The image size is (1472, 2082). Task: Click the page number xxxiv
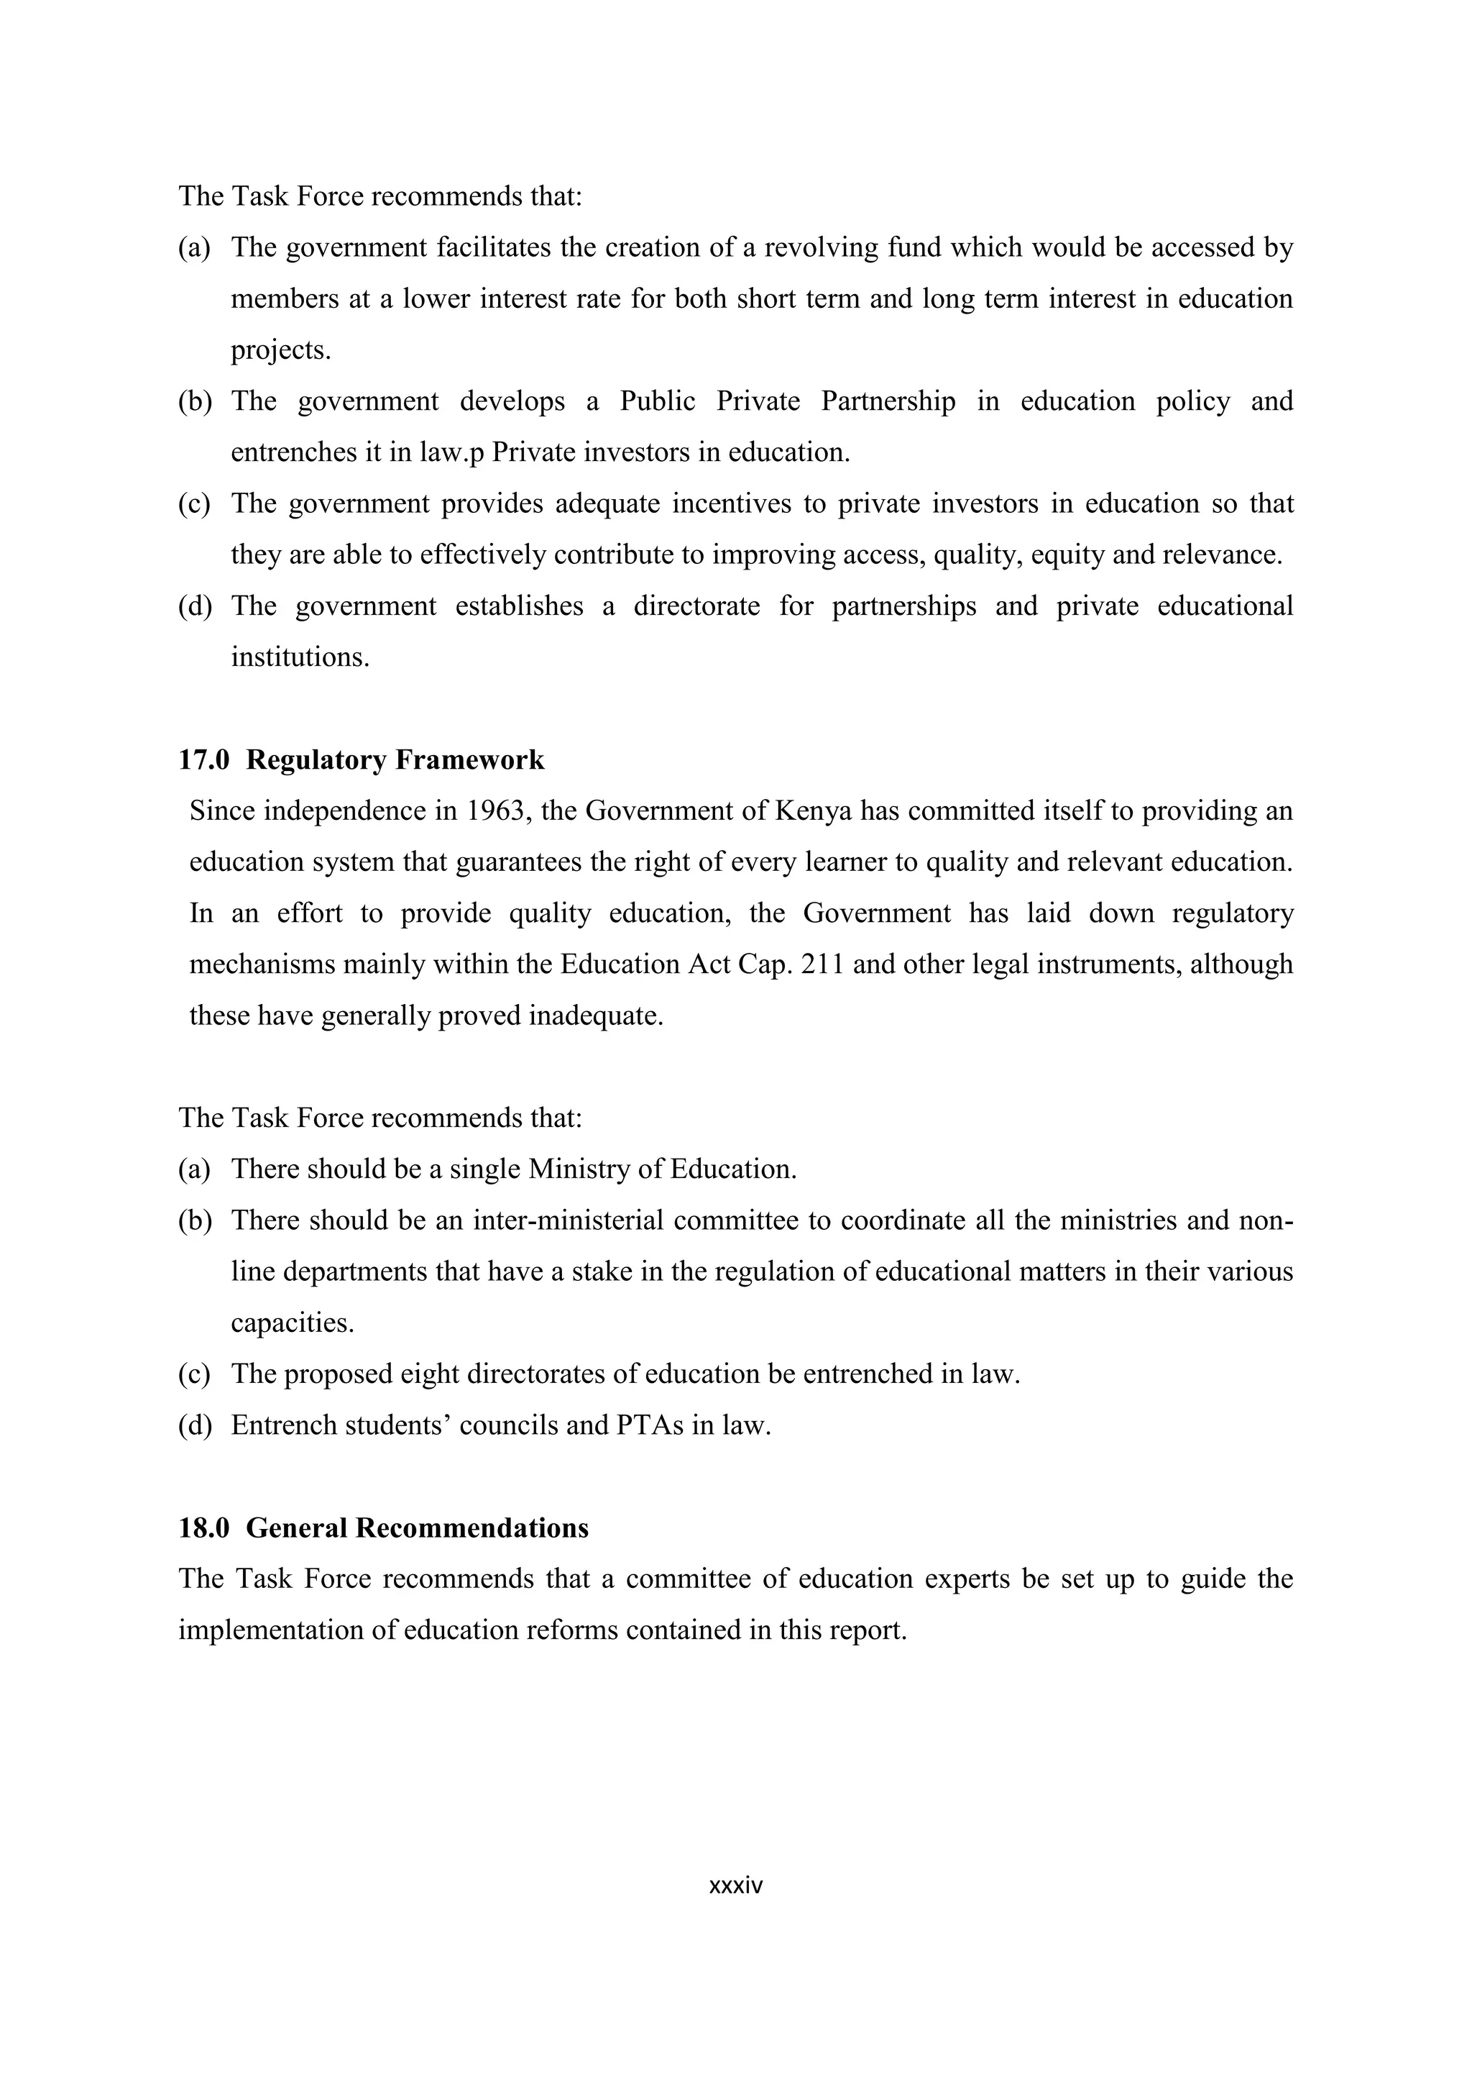(735, 1885)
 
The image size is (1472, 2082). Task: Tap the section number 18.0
(204, 1528)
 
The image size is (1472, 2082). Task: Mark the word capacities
(292, 1323)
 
